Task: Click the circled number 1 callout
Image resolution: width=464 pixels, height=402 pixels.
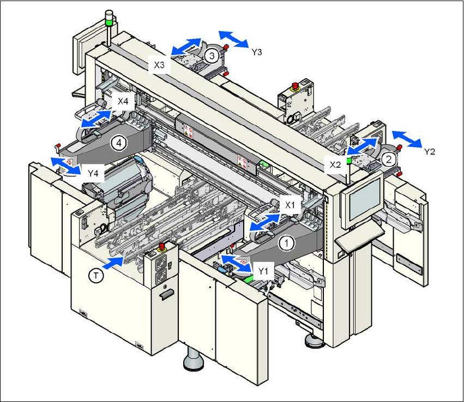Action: [x=287, y=242]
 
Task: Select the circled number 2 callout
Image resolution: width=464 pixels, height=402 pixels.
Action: [x=388, y=159]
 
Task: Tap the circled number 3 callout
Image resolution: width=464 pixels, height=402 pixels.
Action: [x=212, y=54]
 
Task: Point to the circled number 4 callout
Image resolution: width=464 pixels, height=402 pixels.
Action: [x=118, y=143]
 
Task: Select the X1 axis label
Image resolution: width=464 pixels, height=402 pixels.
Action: [x=291, y=204]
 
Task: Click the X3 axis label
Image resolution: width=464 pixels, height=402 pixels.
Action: [x=159, y=64]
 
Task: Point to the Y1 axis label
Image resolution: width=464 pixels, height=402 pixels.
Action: [x=264, y=270]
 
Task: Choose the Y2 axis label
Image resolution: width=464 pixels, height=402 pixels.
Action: [x=431, y=152]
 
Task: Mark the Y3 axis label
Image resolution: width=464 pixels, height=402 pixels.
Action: [x=257, y=52]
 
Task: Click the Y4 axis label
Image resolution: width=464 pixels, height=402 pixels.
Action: [x=93, y=173]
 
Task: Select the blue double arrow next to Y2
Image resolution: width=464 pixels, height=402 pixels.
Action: [x=407, y=139]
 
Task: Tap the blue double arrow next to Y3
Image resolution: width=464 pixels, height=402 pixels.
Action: [x=233, y=39]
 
